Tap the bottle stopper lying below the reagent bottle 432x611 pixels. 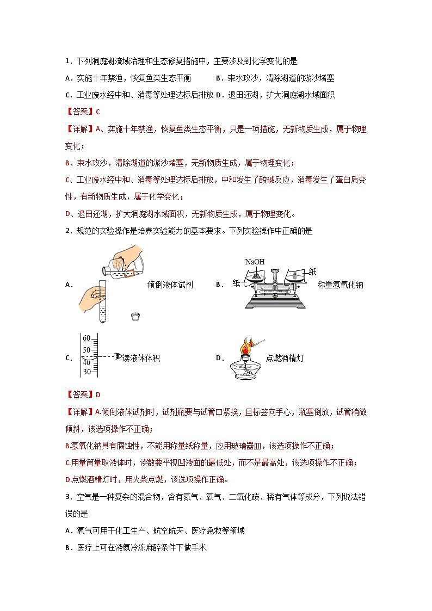pyautogui.click(x=135, y=316)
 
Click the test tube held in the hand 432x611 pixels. pyautogui.click(x=102, y=302)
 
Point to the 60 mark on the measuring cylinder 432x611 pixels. pyautogui.click(x=87, y=337)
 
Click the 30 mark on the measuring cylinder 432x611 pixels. pyautogui.click(x=87, y=372)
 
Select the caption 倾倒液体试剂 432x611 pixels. pyautogui.click(x=170, y=285)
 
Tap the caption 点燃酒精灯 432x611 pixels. pyautogui.click(x=285, y=358)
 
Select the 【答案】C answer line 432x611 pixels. pyautogui.click(x=82, y=112)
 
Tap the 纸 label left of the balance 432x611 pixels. pyautogui.click(x=236, y=283)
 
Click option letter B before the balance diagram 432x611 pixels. pyautogui.click(x=218, y=285)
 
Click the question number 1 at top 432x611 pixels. pyautogui.click(x=67, y=61)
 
